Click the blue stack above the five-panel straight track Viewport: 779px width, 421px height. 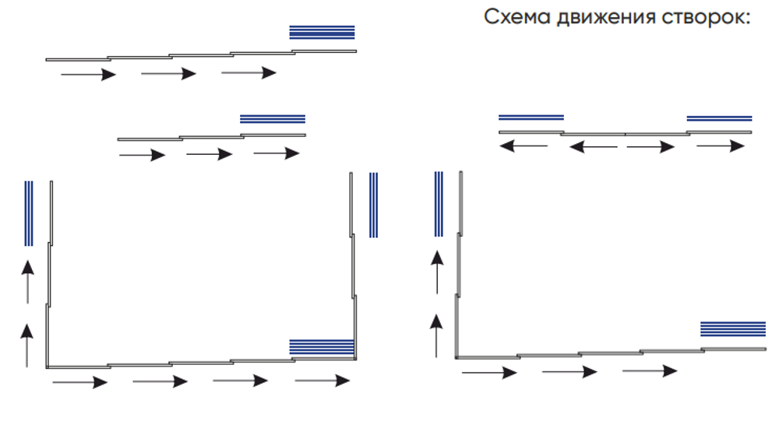click(322, 32)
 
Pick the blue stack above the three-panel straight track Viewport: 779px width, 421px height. click(273, 119)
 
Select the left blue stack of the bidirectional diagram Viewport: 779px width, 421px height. click(530, 118)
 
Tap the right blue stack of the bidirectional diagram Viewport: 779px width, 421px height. click(719, 118)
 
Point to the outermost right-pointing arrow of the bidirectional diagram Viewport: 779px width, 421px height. click(720, 146)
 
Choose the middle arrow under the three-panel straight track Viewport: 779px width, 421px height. click(210, 154)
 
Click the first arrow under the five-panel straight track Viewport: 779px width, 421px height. click(88, 74)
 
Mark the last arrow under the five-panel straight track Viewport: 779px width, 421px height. click(249, 73)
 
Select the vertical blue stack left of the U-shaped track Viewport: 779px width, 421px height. click(29, 213)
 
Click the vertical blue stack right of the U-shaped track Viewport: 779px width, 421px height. click(373, 205)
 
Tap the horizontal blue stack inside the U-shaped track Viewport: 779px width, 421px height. click(322, 346)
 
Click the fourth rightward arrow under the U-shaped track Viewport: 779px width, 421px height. click(322, 381)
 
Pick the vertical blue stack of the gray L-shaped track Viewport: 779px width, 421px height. click(439, 204)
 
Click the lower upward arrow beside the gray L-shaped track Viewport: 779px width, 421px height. click(437, 335)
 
